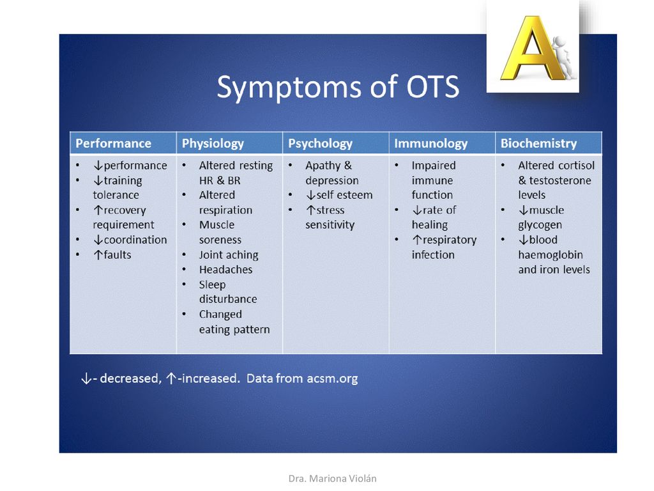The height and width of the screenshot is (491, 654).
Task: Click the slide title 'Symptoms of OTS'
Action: coord(338,87)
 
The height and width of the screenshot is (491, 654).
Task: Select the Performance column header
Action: coord(114,143)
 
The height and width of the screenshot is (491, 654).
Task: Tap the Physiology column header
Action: coord(213,144)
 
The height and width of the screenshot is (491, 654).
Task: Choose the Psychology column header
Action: coord(321,144)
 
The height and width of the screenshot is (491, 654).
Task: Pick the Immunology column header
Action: coord(431,144)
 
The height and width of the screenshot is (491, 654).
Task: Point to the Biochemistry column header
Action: coord(538,144)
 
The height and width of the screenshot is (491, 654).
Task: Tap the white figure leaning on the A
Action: coord(563,57)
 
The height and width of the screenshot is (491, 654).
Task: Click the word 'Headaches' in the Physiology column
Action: coord(225,270)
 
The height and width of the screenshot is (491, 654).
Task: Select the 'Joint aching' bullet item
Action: coord(229,255)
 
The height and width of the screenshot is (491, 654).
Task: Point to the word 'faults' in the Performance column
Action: coord(118,254)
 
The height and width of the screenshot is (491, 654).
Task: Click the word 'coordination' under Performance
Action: coord(135,240)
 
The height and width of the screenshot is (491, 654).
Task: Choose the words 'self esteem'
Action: coord(344,195)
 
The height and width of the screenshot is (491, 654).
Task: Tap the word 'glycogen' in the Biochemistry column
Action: coord(540,225)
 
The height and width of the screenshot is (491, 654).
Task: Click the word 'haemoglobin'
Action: coord(550,254)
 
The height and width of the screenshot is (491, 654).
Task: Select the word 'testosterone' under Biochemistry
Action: coord(559,180)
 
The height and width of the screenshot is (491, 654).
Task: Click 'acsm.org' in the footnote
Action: coord(332,378)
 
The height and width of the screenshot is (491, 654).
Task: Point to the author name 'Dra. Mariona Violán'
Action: coord(332,478)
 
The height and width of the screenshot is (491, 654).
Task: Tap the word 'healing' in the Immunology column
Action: coord(430,225)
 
